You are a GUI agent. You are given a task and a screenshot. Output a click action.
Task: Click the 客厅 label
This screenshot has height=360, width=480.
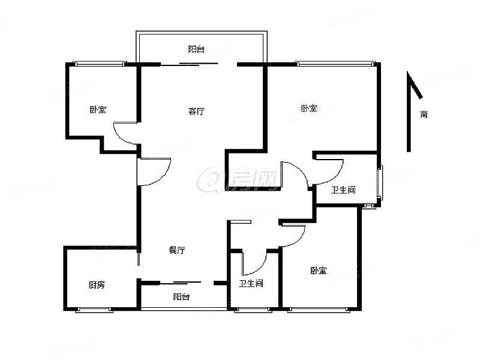coord(196,111)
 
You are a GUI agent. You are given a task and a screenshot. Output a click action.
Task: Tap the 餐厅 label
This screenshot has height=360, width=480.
coord(177,250)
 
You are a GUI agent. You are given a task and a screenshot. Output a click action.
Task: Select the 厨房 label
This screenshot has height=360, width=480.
coord(97,285)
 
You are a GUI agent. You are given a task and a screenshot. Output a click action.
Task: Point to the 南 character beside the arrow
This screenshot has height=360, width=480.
coord(424,115)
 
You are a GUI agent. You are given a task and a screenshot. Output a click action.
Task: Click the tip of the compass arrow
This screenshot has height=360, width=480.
coord(407,71)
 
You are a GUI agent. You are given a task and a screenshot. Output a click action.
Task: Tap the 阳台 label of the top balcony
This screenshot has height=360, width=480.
coord(196,49)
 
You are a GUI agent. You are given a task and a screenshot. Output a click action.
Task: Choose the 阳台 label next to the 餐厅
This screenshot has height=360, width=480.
coord(181,296)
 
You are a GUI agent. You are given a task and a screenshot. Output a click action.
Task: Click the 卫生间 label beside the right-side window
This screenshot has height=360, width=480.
coord(343,190)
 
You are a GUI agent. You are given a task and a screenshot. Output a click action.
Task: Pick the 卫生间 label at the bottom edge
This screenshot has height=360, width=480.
coord(251,283)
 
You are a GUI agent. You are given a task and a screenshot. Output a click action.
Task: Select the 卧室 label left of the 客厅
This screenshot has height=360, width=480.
coord(98,110)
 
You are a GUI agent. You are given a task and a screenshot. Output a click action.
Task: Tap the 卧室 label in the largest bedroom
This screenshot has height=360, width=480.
coord(309,108)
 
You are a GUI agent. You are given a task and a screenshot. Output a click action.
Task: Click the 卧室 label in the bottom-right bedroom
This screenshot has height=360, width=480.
coord(319,271)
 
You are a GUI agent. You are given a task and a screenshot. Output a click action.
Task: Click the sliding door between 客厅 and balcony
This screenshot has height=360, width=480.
coord(189,64)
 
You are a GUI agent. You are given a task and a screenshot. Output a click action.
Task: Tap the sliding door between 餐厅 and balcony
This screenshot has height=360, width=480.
coord(181,282)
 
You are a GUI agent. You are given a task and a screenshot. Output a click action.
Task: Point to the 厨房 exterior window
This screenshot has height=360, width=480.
coord(94,310)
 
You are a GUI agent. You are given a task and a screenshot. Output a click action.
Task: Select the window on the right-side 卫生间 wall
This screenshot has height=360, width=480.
coord(380,183)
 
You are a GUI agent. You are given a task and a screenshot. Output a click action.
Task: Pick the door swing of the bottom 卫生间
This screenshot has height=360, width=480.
coord(254,263)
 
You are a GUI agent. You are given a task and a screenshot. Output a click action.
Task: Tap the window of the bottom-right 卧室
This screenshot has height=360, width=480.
coord(319,310)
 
